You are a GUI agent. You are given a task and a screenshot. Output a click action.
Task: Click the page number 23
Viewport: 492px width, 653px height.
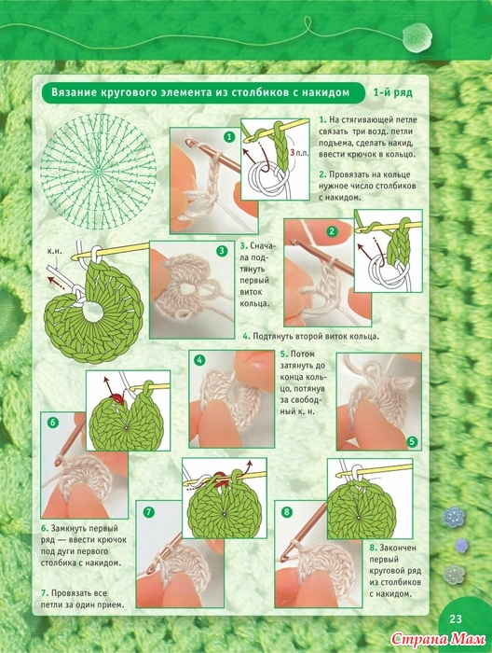pyautogui.click(x=456, y=618)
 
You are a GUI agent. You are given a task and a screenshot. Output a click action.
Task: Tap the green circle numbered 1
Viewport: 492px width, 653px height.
pyautogui.click(x=229, y=136)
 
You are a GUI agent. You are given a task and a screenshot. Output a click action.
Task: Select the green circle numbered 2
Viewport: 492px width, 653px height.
pyautogui.click(x=332, y=231)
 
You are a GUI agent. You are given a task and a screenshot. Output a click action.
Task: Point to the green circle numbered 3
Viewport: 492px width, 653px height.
pyautogui.click(x=222, y=251)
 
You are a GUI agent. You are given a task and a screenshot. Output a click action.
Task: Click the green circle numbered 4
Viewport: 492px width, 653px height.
pyautogui.click(x=200, y=360)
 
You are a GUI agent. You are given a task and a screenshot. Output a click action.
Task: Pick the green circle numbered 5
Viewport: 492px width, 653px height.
pyautogui.click(x=412, y=441)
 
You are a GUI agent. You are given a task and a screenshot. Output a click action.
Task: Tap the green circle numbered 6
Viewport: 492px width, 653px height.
pyautogui.click(x=52, y=423)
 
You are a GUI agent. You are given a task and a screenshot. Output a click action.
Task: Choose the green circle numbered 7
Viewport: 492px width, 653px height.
pyautogui.click(x=149, y=512)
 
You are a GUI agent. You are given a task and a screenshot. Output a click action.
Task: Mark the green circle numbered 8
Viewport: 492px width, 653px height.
pyautogui.click(x=287, y=512)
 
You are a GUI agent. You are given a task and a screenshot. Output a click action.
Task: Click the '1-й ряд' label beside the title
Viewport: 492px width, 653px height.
pyautogui.click(x=392, y=92)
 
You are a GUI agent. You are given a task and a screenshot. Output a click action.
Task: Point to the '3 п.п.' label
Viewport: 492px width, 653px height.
pyautogui.click(x=299, y=153)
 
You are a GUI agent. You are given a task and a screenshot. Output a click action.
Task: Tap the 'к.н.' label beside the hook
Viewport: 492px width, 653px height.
pyautogui.click(x=54, y=252)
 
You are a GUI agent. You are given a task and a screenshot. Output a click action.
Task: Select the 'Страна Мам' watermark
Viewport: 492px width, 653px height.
pyautogui.click(x=438, y=639)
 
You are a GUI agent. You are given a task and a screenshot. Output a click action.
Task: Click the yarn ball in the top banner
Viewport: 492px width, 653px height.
pyautogui.click(x=417, y=37)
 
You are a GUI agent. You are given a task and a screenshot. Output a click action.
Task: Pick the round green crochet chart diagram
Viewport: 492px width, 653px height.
pyautogui.click(x=99, y=171)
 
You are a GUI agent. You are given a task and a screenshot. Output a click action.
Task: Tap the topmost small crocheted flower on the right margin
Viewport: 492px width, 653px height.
pyautogui.click(x=453, y=517)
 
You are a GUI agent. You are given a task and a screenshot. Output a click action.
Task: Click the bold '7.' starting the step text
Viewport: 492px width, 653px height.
pyautogui.click(x=45, y=593)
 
